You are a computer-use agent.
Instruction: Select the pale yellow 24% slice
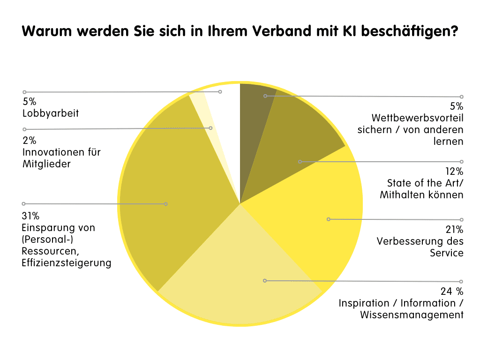[239, 277]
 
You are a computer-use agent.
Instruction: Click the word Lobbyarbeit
[50, 113]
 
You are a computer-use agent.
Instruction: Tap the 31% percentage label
[30, 216]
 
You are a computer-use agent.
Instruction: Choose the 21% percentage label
[454, 230]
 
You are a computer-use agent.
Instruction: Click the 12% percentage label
[454, 172]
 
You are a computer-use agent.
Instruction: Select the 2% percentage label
[29, 141]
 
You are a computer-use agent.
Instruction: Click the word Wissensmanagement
[412, 315]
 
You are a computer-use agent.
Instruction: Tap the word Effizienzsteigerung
[66, 263]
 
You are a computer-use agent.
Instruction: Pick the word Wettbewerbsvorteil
[417, 118]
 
